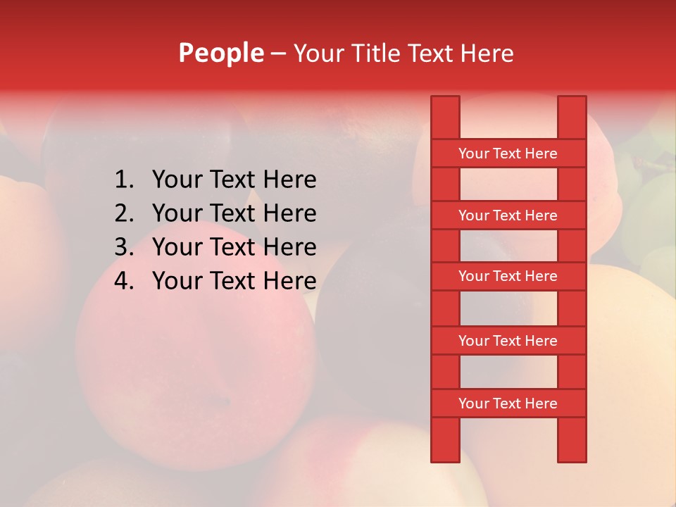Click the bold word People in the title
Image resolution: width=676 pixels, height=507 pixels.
(x=221, y=53)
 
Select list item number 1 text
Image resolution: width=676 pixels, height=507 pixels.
(x=234, y=180)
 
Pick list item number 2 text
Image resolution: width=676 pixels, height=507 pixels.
(x=234, y=213)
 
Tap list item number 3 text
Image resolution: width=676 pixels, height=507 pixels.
(x=234, y=247)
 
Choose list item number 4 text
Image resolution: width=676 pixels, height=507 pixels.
(x=234, y=281)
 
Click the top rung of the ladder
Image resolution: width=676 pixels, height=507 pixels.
(x=508, y=154)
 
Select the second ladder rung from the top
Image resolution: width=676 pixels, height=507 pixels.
(x=508, y=215)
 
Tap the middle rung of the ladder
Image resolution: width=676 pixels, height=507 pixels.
(x=508, y=276)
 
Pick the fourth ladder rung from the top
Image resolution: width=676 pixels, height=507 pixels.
(x=508, y=341)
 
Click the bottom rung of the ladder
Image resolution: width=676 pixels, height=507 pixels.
(x=508, y=403)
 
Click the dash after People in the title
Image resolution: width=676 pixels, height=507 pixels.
(x=278, y=54)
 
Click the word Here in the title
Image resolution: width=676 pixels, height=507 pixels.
(x=488, y=53)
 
